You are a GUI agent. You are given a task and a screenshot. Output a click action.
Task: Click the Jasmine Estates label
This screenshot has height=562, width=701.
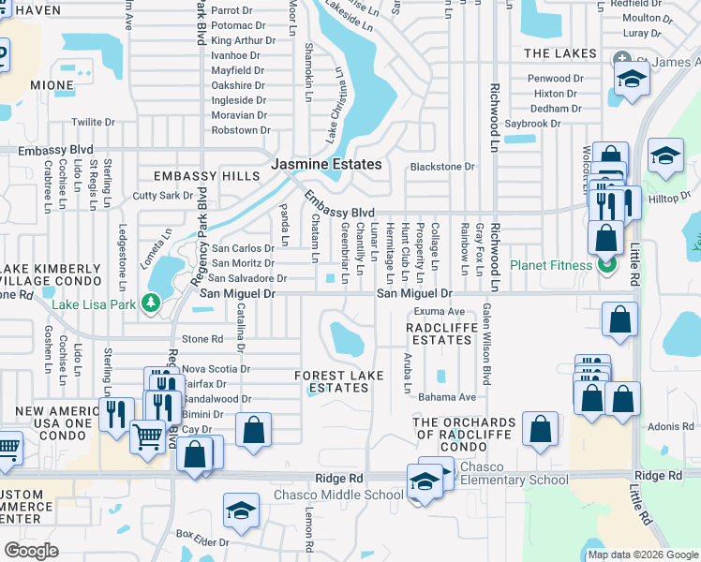pyautogui.click(x=326, y=164)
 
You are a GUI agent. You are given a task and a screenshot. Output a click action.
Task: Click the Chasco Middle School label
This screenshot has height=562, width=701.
pyautogui.click(x=338, y=495)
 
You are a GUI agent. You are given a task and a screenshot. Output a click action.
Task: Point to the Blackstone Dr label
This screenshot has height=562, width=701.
pyautogui.click(x=442, y=167)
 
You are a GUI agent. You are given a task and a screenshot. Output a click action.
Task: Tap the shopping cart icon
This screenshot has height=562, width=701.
pyautogui.click(x=147, y=436)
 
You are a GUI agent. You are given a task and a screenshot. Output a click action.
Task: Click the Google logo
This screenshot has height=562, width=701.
pyautogui.click(x=31, y=551)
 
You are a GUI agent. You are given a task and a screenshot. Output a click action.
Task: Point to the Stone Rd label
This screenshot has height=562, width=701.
pyautogui.click(x=202, y=339)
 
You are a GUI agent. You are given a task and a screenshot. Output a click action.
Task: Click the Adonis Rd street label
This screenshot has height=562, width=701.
pyautogui.click(x=670, y=426)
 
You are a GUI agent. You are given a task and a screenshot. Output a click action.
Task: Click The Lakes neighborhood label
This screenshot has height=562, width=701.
pyautogui.click(x=554, y=53)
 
